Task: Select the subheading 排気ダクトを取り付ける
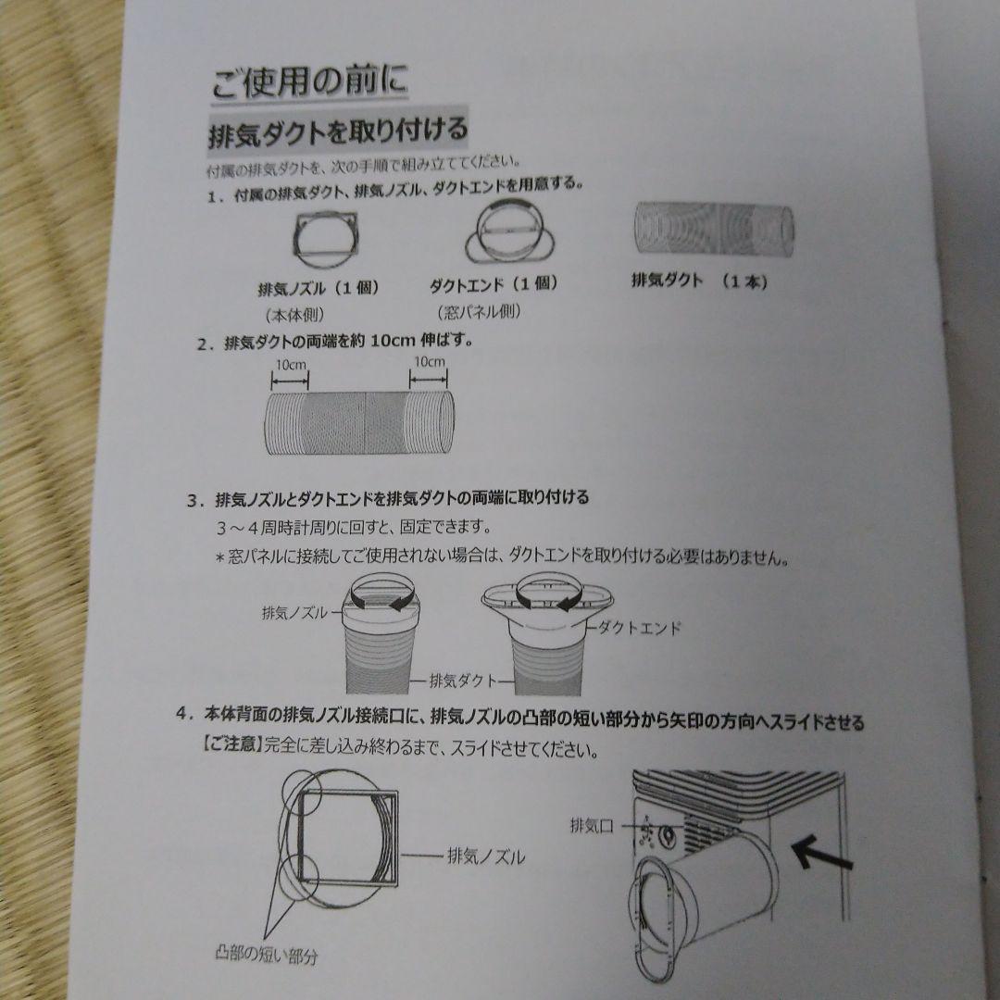(338, 132)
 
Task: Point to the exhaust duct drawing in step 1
(713, 230)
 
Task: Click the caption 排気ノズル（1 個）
(319, 288)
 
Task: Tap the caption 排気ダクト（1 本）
(699, 281)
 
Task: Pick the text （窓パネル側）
(479, 312)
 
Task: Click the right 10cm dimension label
(429, 362)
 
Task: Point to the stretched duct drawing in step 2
(360, 421)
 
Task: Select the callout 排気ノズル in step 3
(294, 613)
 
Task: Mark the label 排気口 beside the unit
(593, 823)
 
